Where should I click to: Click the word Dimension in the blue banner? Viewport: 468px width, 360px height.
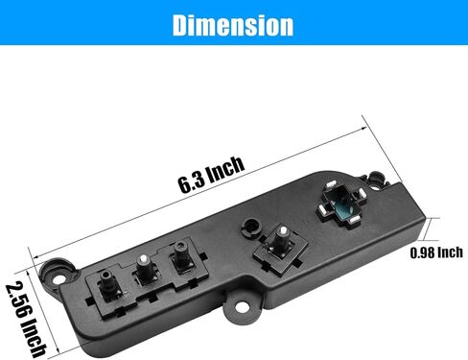(233, 25)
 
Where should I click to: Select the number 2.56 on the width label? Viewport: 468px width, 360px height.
(19, 298)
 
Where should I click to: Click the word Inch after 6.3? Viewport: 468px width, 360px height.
(225, 168)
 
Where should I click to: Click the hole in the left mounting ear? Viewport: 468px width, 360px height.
(58, 277)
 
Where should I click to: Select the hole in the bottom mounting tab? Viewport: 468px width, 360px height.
(241, 308)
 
